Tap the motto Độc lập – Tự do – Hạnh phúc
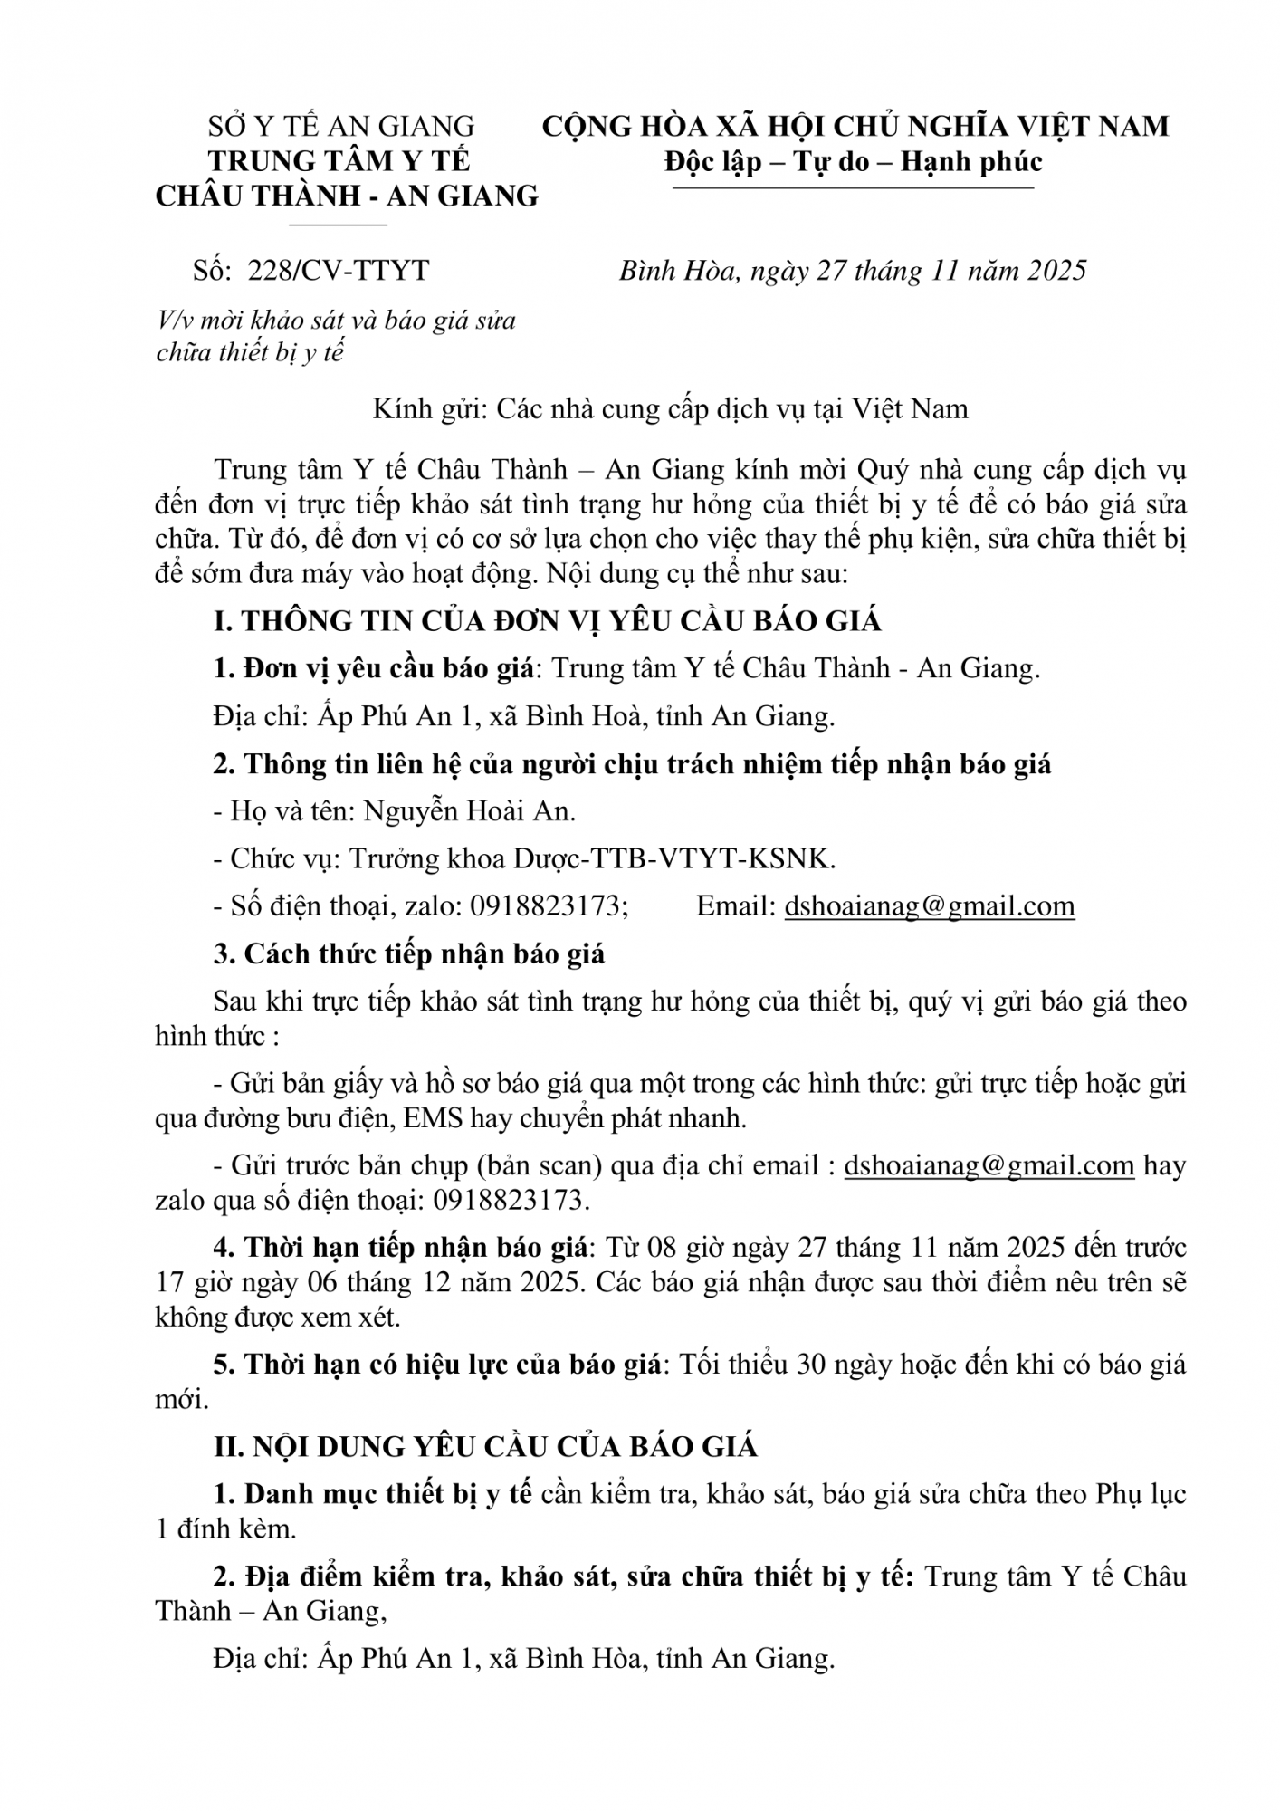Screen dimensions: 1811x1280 tap(853, 161)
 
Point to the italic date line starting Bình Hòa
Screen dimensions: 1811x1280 tap(852, 271)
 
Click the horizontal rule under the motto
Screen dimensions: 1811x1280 tap(853, 189)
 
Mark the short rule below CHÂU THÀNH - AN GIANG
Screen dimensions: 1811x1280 tap(337, 224)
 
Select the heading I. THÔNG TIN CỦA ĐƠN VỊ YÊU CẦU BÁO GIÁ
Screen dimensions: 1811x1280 tap(547, 621)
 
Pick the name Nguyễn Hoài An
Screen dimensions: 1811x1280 tap(469, 811)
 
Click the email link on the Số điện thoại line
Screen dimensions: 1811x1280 tap(929, 906)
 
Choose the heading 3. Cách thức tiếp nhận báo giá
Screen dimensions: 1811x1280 tap(409, 953)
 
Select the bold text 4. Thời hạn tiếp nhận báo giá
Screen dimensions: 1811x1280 tap(401, 1247)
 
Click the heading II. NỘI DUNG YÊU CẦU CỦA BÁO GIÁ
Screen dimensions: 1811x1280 tap(485, 1446)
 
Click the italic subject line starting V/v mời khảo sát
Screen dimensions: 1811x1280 tap(336, 321)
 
